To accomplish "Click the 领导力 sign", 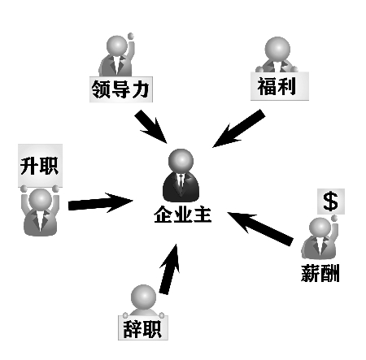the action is (121, 89).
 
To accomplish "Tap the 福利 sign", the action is (280, 86).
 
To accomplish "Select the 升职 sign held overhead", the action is (41, 165).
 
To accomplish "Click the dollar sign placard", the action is (331, 202).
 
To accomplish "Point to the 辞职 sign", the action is (143, 328).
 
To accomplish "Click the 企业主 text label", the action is (183, 215).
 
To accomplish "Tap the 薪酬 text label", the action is (320, 273).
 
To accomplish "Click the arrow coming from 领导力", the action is (150, 127).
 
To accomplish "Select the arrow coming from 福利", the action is (239, 128).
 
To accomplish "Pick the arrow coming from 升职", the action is (101, 203).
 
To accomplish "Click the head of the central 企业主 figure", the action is (181, 161).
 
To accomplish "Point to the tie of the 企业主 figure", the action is (181, 181).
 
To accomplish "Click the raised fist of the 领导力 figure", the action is (131, 36).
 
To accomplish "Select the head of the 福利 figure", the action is (277, 50).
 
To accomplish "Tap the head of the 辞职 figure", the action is (143, 297).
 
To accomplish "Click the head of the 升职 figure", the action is (41, 200).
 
